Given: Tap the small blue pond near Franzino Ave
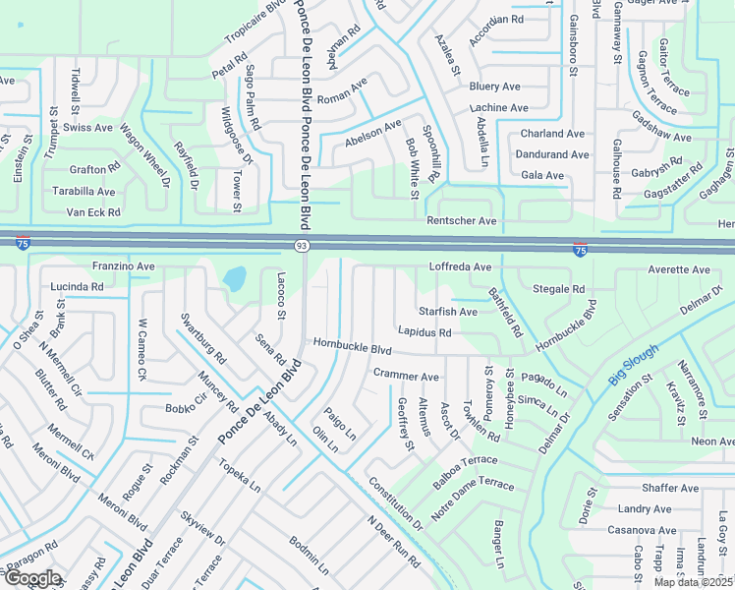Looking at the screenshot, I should tap(235, 279).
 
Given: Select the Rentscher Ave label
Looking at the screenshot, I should tap(461, 221).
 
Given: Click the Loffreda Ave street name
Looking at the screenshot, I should tap(460, 266).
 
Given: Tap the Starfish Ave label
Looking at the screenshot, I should tap(448, 312).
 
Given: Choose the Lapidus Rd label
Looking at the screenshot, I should tap(424, 332).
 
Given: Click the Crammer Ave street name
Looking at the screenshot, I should tap(406, 376).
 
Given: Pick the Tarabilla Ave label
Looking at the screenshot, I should tap(84, 192).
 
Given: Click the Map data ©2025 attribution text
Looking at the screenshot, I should tap(694, 582).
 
